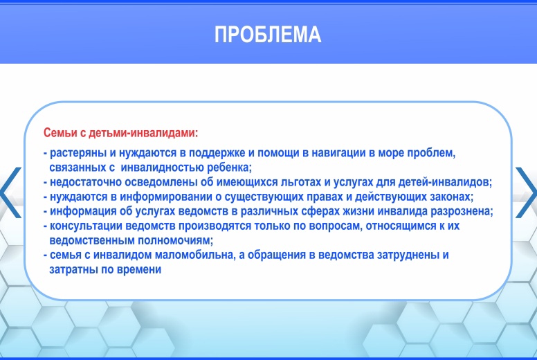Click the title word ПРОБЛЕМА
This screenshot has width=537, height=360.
268,35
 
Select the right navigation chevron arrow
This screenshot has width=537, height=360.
527,192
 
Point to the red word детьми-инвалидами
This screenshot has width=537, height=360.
143,133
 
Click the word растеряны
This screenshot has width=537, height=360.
78,153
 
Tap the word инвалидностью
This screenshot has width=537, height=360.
163,168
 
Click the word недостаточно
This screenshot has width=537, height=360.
86,182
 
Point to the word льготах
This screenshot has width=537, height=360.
301,182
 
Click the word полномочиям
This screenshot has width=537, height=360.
175,240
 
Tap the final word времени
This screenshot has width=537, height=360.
139,269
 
